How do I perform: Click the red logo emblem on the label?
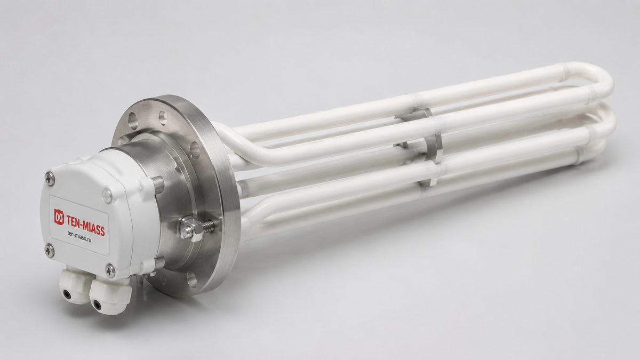(59, 217)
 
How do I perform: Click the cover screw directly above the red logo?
(50, 179)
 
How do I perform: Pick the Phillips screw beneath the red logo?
(50, 251)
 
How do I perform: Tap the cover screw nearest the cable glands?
(110, 271)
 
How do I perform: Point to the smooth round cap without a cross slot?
(107, 196)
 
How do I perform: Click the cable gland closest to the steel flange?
(110, 295)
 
